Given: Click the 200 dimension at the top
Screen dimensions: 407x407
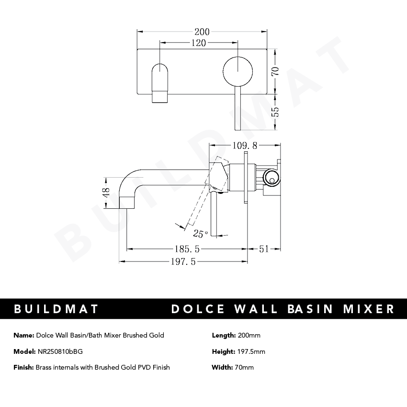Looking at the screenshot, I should (x=202, y=32).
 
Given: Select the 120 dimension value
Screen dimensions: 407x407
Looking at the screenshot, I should (x=198, y=43).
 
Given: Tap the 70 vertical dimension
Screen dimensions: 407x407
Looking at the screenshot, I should (x=275, y=71).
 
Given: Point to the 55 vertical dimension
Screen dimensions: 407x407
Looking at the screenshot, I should (x=275, y=112).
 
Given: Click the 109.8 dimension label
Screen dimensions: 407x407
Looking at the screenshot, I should (x=245, y=145).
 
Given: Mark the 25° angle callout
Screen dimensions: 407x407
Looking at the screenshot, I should (x=200, y=234).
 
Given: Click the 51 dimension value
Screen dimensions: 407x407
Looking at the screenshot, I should (x=264, y=249).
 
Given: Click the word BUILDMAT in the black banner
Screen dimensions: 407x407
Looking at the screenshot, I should (x=56, y=309).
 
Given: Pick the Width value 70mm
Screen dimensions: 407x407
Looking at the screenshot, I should (x=244, y=367).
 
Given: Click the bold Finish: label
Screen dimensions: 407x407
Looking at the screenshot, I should (x=23, y=367).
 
